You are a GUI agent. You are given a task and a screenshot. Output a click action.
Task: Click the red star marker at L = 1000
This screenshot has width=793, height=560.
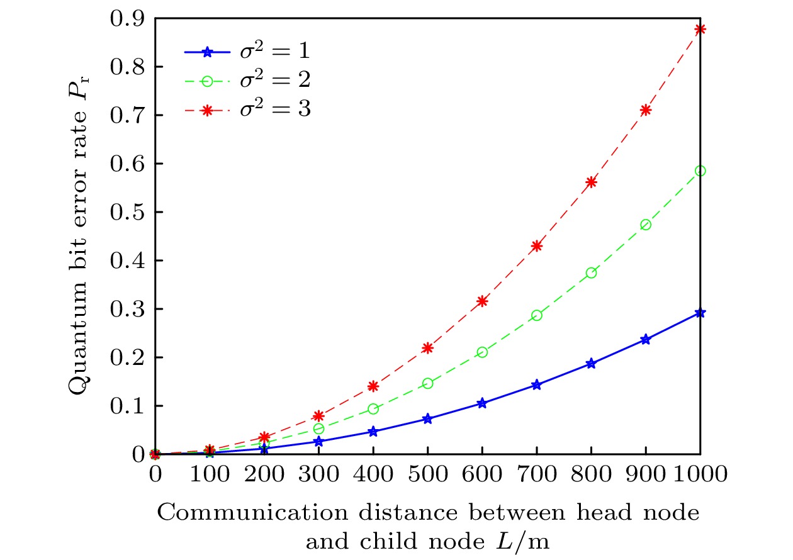tap(700, 30)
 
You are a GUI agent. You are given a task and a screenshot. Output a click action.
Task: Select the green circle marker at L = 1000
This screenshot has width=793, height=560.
tap(700, 171)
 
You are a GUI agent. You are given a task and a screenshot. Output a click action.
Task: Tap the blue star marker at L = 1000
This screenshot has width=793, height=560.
tap(700, 313)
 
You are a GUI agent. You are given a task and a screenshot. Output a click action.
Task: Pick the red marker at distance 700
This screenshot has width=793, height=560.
tap(537, 246)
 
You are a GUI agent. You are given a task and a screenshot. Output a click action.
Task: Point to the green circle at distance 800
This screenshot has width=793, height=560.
tap(591, 273)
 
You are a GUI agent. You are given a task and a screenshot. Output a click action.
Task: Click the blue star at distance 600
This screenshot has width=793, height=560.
tap(482, 403)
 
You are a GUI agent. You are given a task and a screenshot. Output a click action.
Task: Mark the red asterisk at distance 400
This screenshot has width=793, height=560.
tap(373, 386)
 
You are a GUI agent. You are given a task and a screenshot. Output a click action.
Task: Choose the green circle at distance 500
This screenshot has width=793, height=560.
tap(428, 383)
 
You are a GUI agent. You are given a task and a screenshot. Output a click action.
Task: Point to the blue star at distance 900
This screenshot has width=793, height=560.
tap(646, 340)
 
